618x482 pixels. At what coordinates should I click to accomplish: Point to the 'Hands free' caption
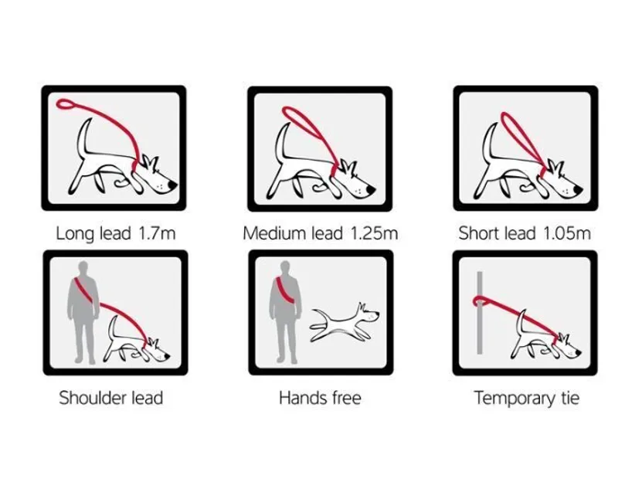click(320, 399)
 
